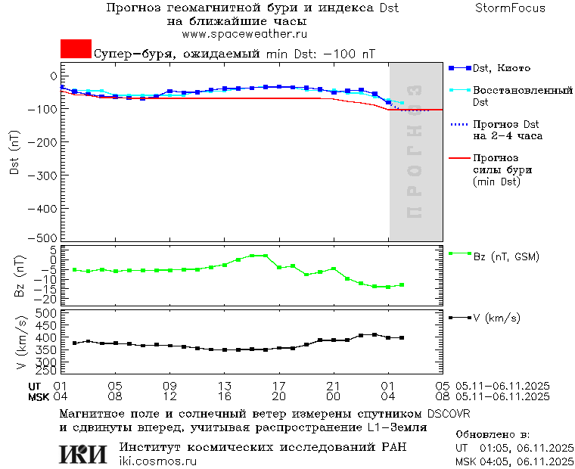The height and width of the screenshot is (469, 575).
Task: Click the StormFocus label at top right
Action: pyautogui.click(x=510, y=8)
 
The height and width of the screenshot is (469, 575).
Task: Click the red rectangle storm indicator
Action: pyautogui.click(x=76, y=49)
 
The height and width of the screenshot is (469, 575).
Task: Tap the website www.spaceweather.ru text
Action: pyautogui.click(x=244, y=34)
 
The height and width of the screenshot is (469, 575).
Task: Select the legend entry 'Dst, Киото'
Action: pyautogui.click(x=501, y=68)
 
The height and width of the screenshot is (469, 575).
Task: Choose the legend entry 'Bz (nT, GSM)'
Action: pyautogui.click(x=505, y=257)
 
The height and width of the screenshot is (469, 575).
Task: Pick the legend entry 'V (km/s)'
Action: pyautogui.click(x=496, y=318)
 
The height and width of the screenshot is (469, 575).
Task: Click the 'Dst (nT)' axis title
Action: pyautogui.click(x=15, y=154)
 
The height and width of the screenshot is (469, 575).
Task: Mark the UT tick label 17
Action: pyautogui.click(x=279, y=385)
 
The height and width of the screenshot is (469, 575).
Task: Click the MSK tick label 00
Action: pyautogui.click(x=334, y=396)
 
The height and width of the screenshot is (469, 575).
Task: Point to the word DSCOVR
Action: pyautogui.click(x=449, y=414)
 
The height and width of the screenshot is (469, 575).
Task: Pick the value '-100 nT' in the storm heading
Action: pyautogui.click(x=349, y=54)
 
